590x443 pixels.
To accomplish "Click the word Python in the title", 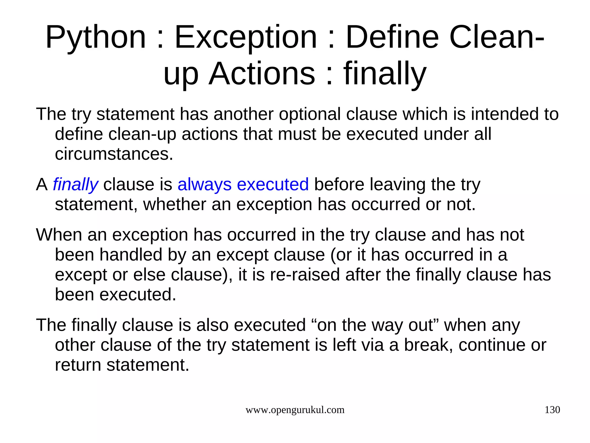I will point(96,38).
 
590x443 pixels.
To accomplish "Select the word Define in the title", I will point(392,38).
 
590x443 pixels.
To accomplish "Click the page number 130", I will point(552,410).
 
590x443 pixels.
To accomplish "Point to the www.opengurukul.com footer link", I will point(295,410).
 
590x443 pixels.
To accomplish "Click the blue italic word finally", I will point(75,184).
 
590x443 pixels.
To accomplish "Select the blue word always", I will point(204,184).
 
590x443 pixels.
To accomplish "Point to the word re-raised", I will point(305,274).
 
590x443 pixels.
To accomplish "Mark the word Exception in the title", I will point(246,38).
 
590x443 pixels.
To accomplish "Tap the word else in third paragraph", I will point(149,274).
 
